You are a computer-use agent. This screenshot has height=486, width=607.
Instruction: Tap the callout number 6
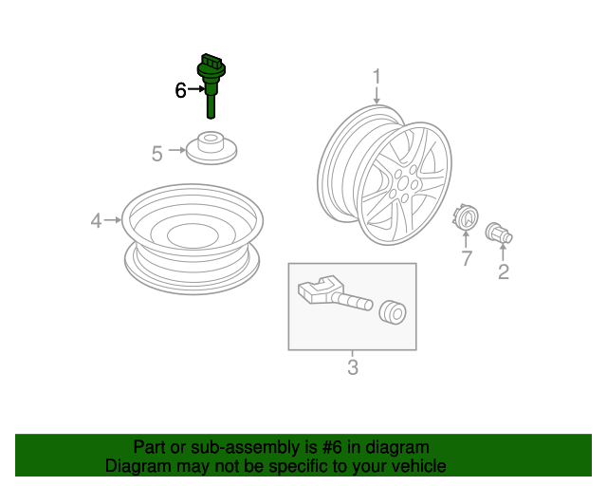[x=180, y=90]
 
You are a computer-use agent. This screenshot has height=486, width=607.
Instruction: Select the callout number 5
[x=156, y=154]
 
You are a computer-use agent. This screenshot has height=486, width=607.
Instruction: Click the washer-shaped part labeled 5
[x=211, y=148]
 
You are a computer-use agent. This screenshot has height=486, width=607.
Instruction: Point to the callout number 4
[x=96, y=221]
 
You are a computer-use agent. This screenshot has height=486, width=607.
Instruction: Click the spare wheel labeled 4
[x=193, y=239]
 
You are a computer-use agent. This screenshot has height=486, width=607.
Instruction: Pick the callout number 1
[x=377, y=76]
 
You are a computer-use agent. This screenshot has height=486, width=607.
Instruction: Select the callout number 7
[x=467, y=258]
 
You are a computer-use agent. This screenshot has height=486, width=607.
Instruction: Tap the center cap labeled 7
[x=466, y=217]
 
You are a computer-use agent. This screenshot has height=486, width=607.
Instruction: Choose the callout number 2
[x=504, y=271]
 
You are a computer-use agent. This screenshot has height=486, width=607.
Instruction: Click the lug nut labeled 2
[x=499, y=233]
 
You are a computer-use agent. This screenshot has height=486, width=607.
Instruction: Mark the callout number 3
[x=353, y=367]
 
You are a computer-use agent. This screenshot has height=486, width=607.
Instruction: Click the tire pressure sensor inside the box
[x=335, y=293]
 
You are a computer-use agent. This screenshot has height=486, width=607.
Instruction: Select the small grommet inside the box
[x=393, y=312]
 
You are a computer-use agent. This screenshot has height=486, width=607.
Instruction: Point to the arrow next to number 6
[x=196, y=89]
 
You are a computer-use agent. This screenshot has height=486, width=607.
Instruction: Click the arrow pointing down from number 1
[x=377, y=95]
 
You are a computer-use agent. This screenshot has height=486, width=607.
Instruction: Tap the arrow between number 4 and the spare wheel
[x=113, y=220]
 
